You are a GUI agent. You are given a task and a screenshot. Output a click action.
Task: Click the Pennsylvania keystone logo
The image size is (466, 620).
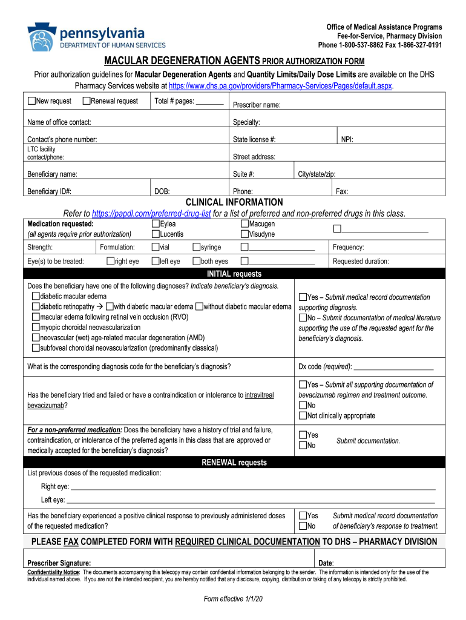click(41, 38)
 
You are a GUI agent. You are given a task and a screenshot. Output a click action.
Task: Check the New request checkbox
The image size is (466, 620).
click(31, 101)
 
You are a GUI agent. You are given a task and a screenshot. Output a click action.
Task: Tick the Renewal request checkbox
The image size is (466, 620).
click(87, 101)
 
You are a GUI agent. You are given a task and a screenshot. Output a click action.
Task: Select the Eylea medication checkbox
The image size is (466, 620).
click(156, 225)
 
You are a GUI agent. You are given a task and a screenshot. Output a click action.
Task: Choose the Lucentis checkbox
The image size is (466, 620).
click(156, 234)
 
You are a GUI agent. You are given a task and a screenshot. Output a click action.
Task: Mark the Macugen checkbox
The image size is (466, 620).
click(244, 225)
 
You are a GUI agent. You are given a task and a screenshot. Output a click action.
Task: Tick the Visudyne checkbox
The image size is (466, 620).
click(244, 234)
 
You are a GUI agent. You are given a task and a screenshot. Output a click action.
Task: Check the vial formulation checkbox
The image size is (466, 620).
click(156, 247)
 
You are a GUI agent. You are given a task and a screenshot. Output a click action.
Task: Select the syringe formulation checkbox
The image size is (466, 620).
click(196, 247)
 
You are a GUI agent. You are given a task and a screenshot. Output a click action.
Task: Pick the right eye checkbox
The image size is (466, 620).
click(110, 262)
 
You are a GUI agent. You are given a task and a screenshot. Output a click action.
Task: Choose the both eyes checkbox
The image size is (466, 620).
click(196, 262)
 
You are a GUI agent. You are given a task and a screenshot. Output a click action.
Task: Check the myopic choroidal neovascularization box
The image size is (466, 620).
click(36, 328)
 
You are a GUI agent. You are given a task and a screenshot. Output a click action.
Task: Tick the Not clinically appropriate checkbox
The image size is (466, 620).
click(303, 415)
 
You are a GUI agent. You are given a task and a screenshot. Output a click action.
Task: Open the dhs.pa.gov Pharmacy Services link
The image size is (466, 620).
click(280, 86)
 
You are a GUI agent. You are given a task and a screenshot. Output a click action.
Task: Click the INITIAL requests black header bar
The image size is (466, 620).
click(234, 274)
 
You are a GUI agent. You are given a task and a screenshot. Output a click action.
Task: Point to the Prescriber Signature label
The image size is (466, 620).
click(59, 562)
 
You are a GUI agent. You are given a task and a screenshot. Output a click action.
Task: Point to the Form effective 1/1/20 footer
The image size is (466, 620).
click(233, 599)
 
